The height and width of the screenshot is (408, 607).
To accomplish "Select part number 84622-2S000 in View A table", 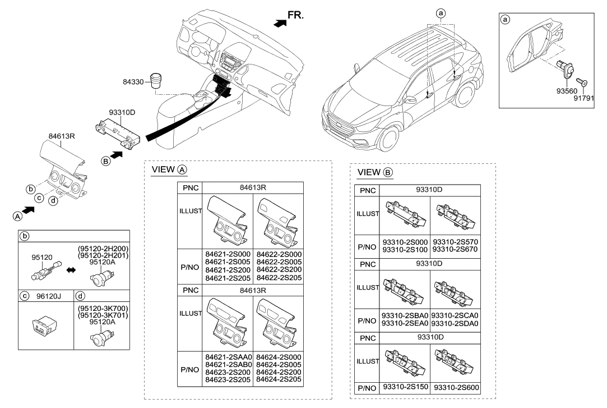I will pyautogui.click(x=279, y=254).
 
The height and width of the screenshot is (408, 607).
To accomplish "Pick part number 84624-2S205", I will pyautogui.click(x=279, y=380).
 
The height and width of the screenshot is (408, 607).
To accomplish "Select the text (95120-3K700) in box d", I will pyautogui.click(x=103, y=309).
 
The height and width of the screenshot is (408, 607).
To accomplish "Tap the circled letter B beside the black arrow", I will pyautogui.click(x=105, y=161).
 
